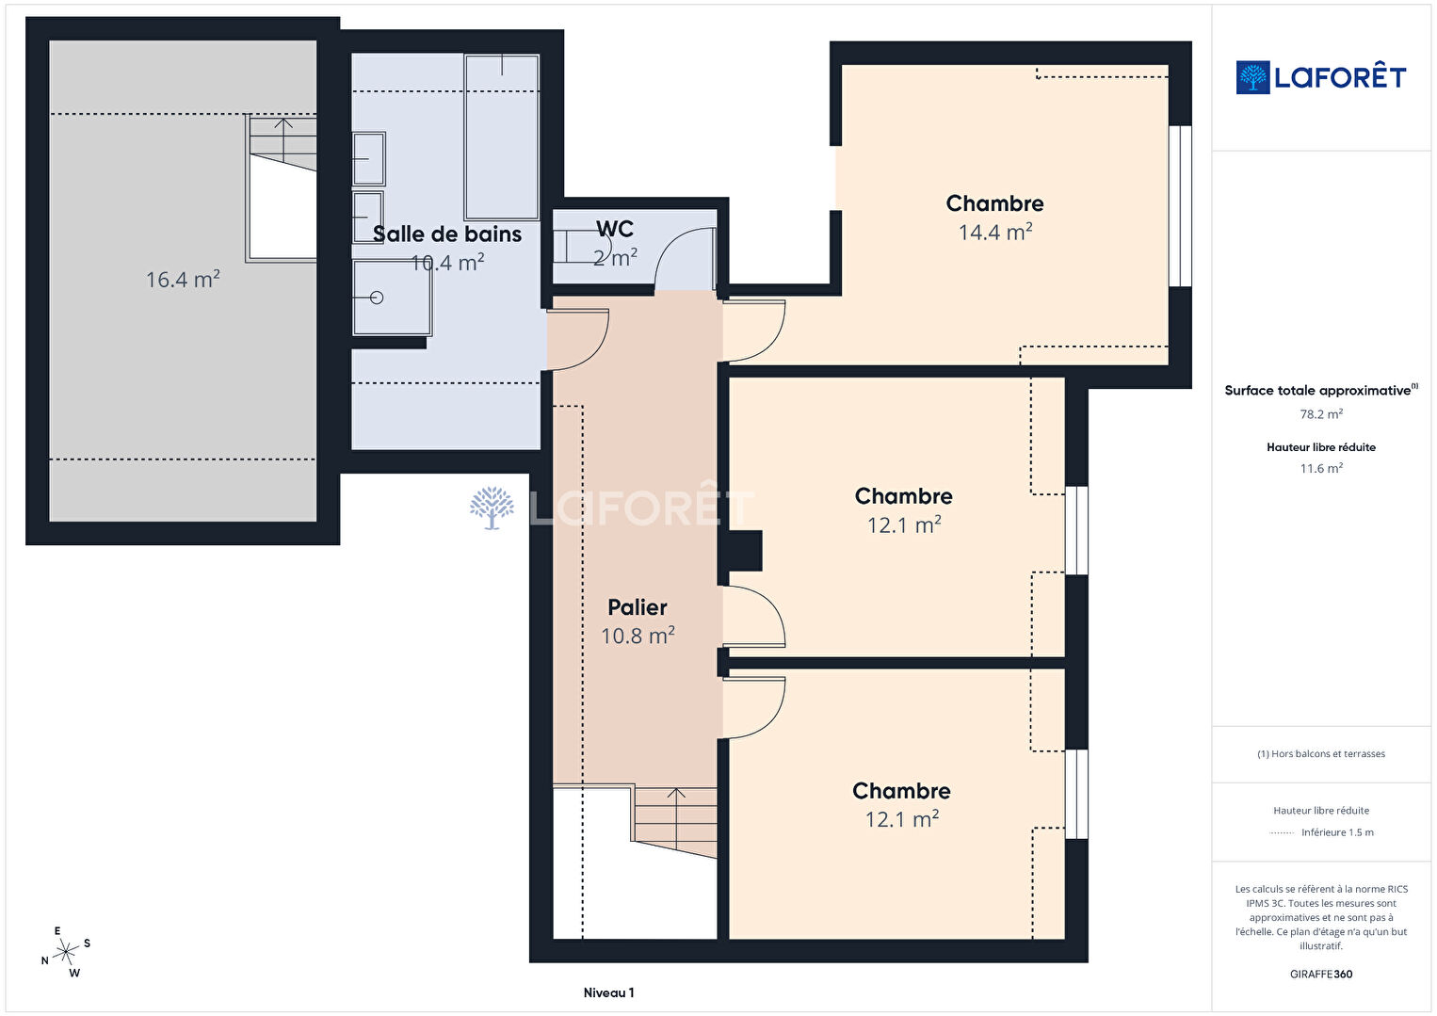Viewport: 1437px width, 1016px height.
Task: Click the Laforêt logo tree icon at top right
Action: click(x=1252, y=77)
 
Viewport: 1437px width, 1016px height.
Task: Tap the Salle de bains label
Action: click(x=447, y=234)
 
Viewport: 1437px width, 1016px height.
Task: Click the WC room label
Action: click(x=615, y=229)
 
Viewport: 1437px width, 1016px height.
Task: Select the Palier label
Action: click(x=637, y=606)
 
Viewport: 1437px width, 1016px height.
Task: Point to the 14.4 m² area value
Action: click(x=995, y=232)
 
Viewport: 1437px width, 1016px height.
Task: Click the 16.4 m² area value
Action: click(x=183, y=279)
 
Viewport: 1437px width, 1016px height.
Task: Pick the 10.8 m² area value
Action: click(x=638, y=635)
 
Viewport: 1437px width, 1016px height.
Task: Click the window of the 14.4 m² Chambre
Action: click(x=1181, y=206)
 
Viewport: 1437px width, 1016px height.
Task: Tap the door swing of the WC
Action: click(x=684, y=259)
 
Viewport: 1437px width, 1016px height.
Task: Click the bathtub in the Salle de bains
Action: click(x=502, y=137)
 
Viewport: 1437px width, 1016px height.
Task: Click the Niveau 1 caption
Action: click(x=608, y=992)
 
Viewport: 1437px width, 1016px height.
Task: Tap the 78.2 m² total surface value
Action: click(x=1321, y=414)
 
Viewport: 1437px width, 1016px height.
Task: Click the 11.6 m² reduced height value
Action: click(x=1321, y=468)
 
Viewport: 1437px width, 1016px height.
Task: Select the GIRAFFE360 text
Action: click(x=1321, y=974)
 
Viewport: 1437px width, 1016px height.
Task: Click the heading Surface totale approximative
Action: click(x=1321, y=390)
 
